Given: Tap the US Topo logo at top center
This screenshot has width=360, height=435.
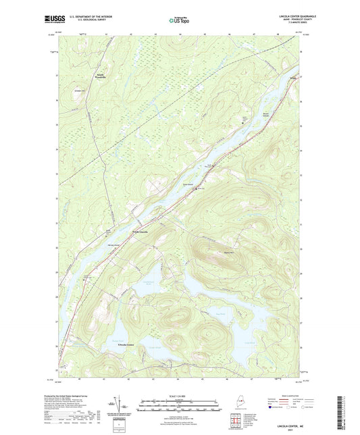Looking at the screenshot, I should [180, 20].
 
